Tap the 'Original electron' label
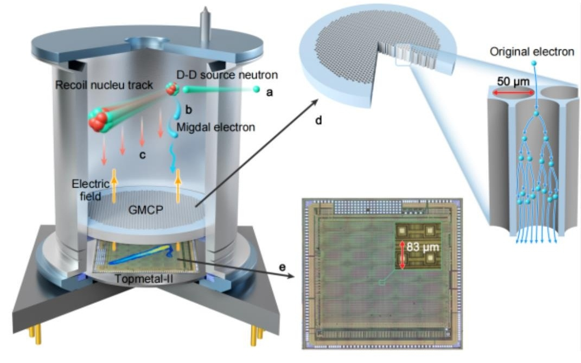tap(531, 52)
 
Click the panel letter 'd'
tap(318, 120)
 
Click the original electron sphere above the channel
tap(534, 64)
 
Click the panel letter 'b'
tap(189, 110)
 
